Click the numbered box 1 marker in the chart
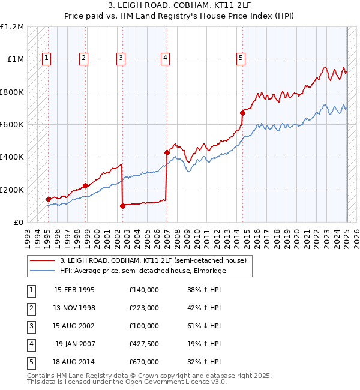tap(47, 58)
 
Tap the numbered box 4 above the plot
tap(164, 58)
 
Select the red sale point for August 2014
tap(243, 113)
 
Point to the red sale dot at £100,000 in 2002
tap(122, 206)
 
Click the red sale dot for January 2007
tap(167, 152)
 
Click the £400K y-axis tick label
tap(12, 157)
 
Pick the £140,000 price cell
tap(143, 290)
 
